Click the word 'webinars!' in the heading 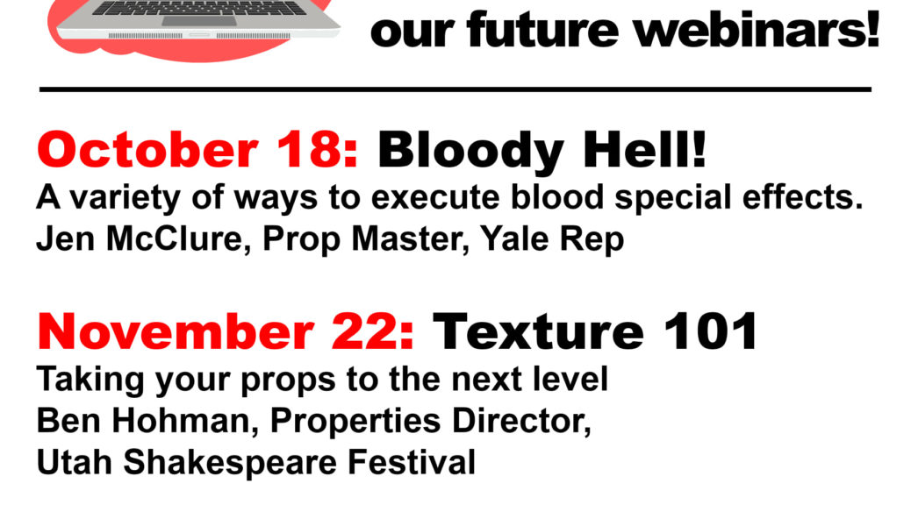(757, 29)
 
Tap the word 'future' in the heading (542, 29)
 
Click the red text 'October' (147, 149)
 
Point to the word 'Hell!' (645, 149)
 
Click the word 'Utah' (74, 462)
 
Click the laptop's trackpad (198, 21)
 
